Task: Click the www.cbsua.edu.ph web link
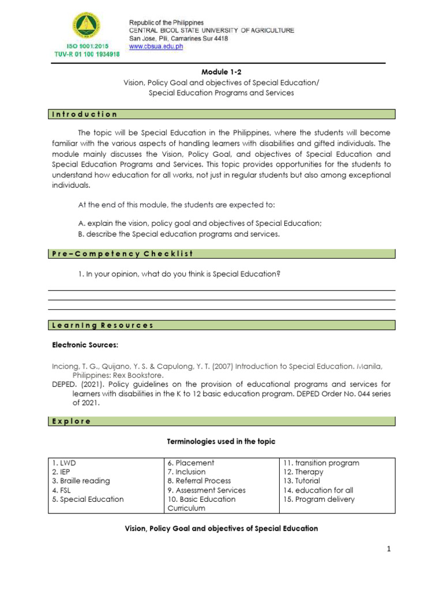pos(156,47)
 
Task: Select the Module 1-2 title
pos(221,72)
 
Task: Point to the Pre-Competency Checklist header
pos(121,254)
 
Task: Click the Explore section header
pos(72,421)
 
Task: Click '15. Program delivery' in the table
pos(318,500)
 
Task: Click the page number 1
pos(389,549)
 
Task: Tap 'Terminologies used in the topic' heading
pos(221,441)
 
